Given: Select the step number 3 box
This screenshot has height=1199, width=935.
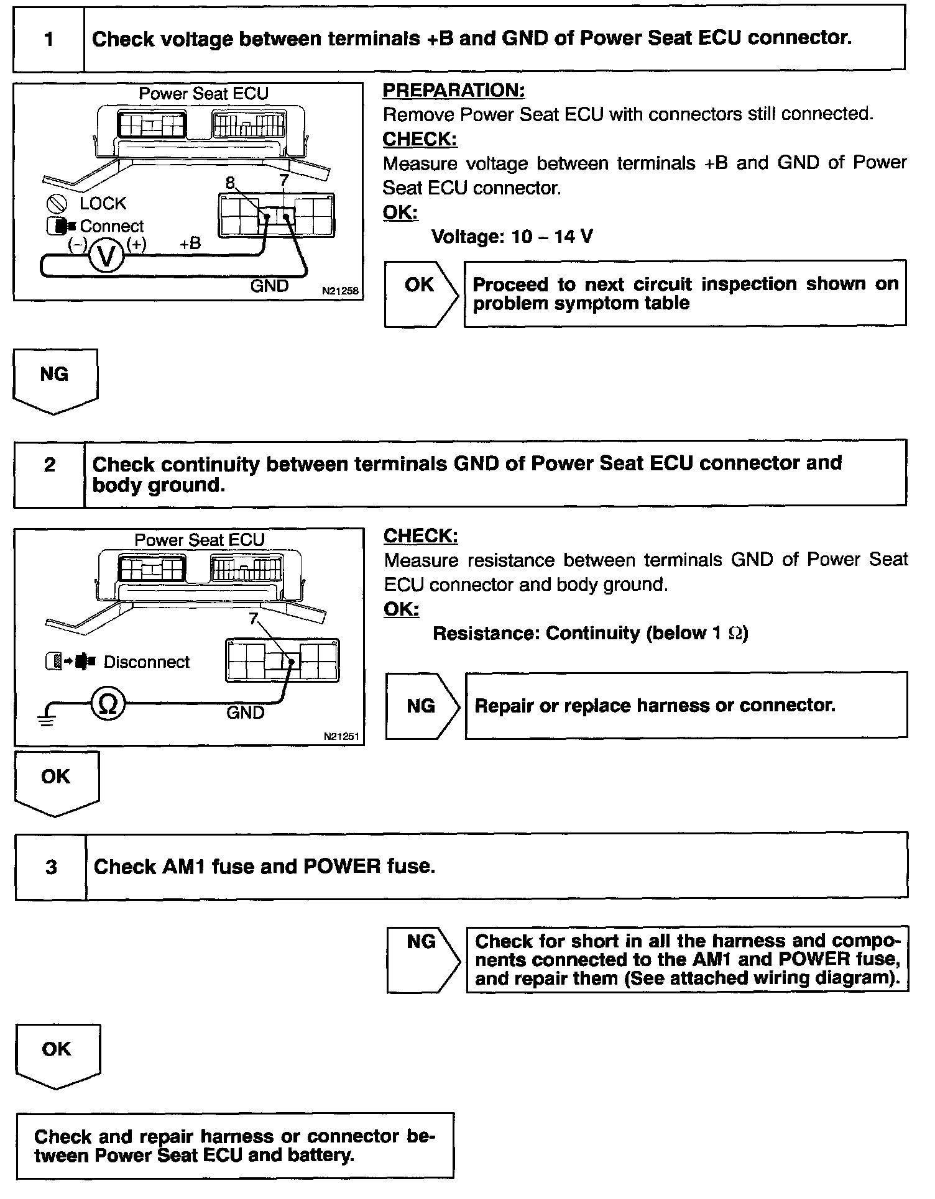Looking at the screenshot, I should point(51,867).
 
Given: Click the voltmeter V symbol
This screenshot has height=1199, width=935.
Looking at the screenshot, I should point(107,255).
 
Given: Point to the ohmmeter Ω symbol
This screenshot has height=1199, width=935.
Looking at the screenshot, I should point(108,704).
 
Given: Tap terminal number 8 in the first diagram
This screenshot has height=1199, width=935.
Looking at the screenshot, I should point(231,183).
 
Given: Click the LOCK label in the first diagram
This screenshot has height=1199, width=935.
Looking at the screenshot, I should point(103,203).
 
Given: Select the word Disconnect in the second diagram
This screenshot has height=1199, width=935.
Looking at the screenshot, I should point(146,662).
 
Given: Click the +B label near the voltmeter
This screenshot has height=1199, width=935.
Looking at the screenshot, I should point(190,244).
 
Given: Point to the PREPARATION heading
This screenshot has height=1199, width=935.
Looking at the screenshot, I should point(453,91).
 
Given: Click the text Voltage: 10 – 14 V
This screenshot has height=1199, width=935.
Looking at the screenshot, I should point(512,237).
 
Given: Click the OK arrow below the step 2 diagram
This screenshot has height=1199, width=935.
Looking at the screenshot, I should point(56,781).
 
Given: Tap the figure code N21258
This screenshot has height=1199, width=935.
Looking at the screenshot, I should point(340,290).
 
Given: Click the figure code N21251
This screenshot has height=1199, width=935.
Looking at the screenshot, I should point(341,736).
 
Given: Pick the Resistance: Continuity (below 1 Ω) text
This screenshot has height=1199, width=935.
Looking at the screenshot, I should point(590,633).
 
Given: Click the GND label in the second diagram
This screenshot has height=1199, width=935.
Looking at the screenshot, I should point(245,713).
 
